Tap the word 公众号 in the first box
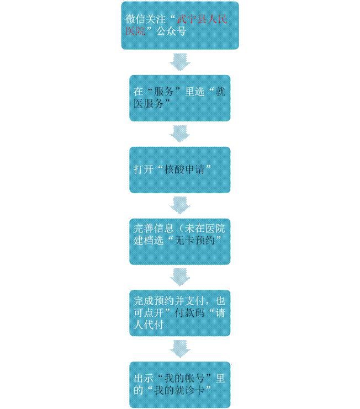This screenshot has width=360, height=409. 169,31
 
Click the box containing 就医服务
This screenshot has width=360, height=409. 179,98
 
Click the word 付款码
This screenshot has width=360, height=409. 195,312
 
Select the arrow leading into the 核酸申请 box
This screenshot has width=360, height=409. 179,133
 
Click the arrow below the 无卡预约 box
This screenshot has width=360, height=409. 179,277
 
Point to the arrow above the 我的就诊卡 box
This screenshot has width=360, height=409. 179,348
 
